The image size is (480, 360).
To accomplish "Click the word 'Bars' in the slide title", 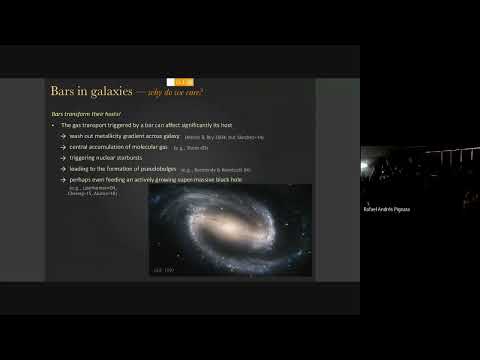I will tap(65, 92).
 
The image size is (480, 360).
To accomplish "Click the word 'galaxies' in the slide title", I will tap(123, 92).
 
